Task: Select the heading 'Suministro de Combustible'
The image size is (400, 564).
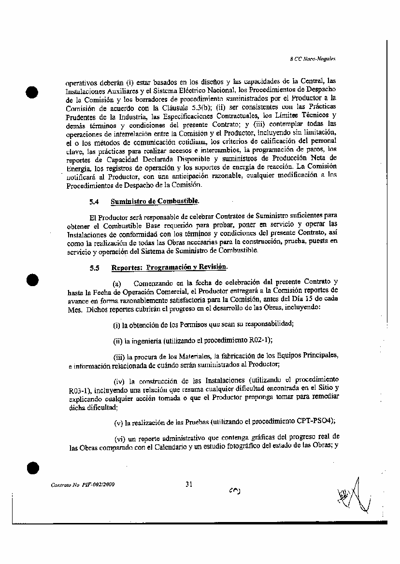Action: [x=155, y=201]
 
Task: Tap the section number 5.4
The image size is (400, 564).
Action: [x=94, y=202]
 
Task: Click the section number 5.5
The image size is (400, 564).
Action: [x=94, y=268]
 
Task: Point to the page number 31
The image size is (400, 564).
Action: [x=189, y=484]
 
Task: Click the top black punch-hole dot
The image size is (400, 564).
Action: [x=32, y=92]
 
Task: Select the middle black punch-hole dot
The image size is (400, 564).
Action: [x=32, y=281]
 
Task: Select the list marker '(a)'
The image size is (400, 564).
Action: [x=116, y=282]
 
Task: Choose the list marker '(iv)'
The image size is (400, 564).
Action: [x=119, y=381]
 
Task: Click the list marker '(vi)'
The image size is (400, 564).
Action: [x=119, y=439]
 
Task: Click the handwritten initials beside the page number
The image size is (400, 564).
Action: [x=234, y=490]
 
